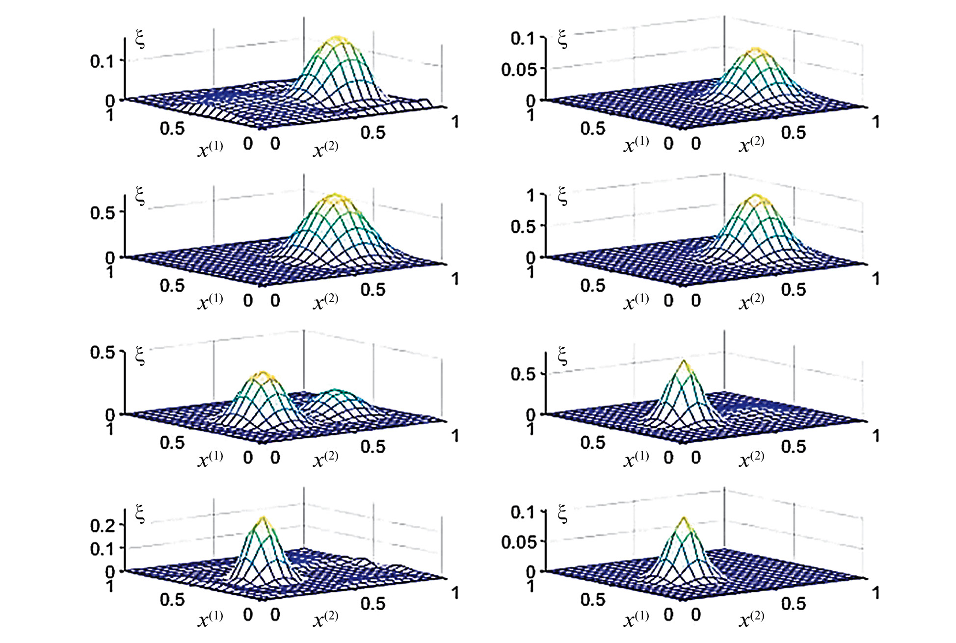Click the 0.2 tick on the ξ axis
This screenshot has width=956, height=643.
click(x=103, y=525)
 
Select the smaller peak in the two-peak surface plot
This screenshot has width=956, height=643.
click(x=334, y=391)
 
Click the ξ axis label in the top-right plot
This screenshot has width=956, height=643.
click(x=563, y=39)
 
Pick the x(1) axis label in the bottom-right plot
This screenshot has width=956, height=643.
click(x=636, y=619)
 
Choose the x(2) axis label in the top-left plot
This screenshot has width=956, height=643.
click(x=325, y=149)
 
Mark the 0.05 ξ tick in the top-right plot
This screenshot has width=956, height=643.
click(x=519, y=70)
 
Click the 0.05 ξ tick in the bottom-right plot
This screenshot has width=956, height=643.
click(x=519, y=542)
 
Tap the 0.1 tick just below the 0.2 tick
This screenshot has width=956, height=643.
click(x=103, y=548)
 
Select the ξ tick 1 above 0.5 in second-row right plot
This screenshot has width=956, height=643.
click(x=531, y=196)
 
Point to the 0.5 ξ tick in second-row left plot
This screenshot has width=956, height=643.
click(x=103, y=213)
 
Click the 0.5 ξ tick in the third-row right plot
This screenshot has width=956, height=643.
click(x=523, y=374)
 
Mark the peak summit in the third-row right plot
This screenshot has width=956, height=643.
click(x=684, y=362)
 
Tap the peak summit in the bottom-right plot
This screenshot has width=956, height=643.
click(x=684, y=519)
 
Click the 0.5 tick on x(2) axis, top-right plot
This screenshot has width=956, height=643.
click(x=794, y=132)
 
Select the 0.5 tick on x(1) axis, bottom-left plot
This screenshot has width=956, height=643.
click(x=172, y=599)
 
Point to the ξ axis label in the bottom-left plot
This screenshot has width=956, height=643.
click(x=140, y=514)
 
